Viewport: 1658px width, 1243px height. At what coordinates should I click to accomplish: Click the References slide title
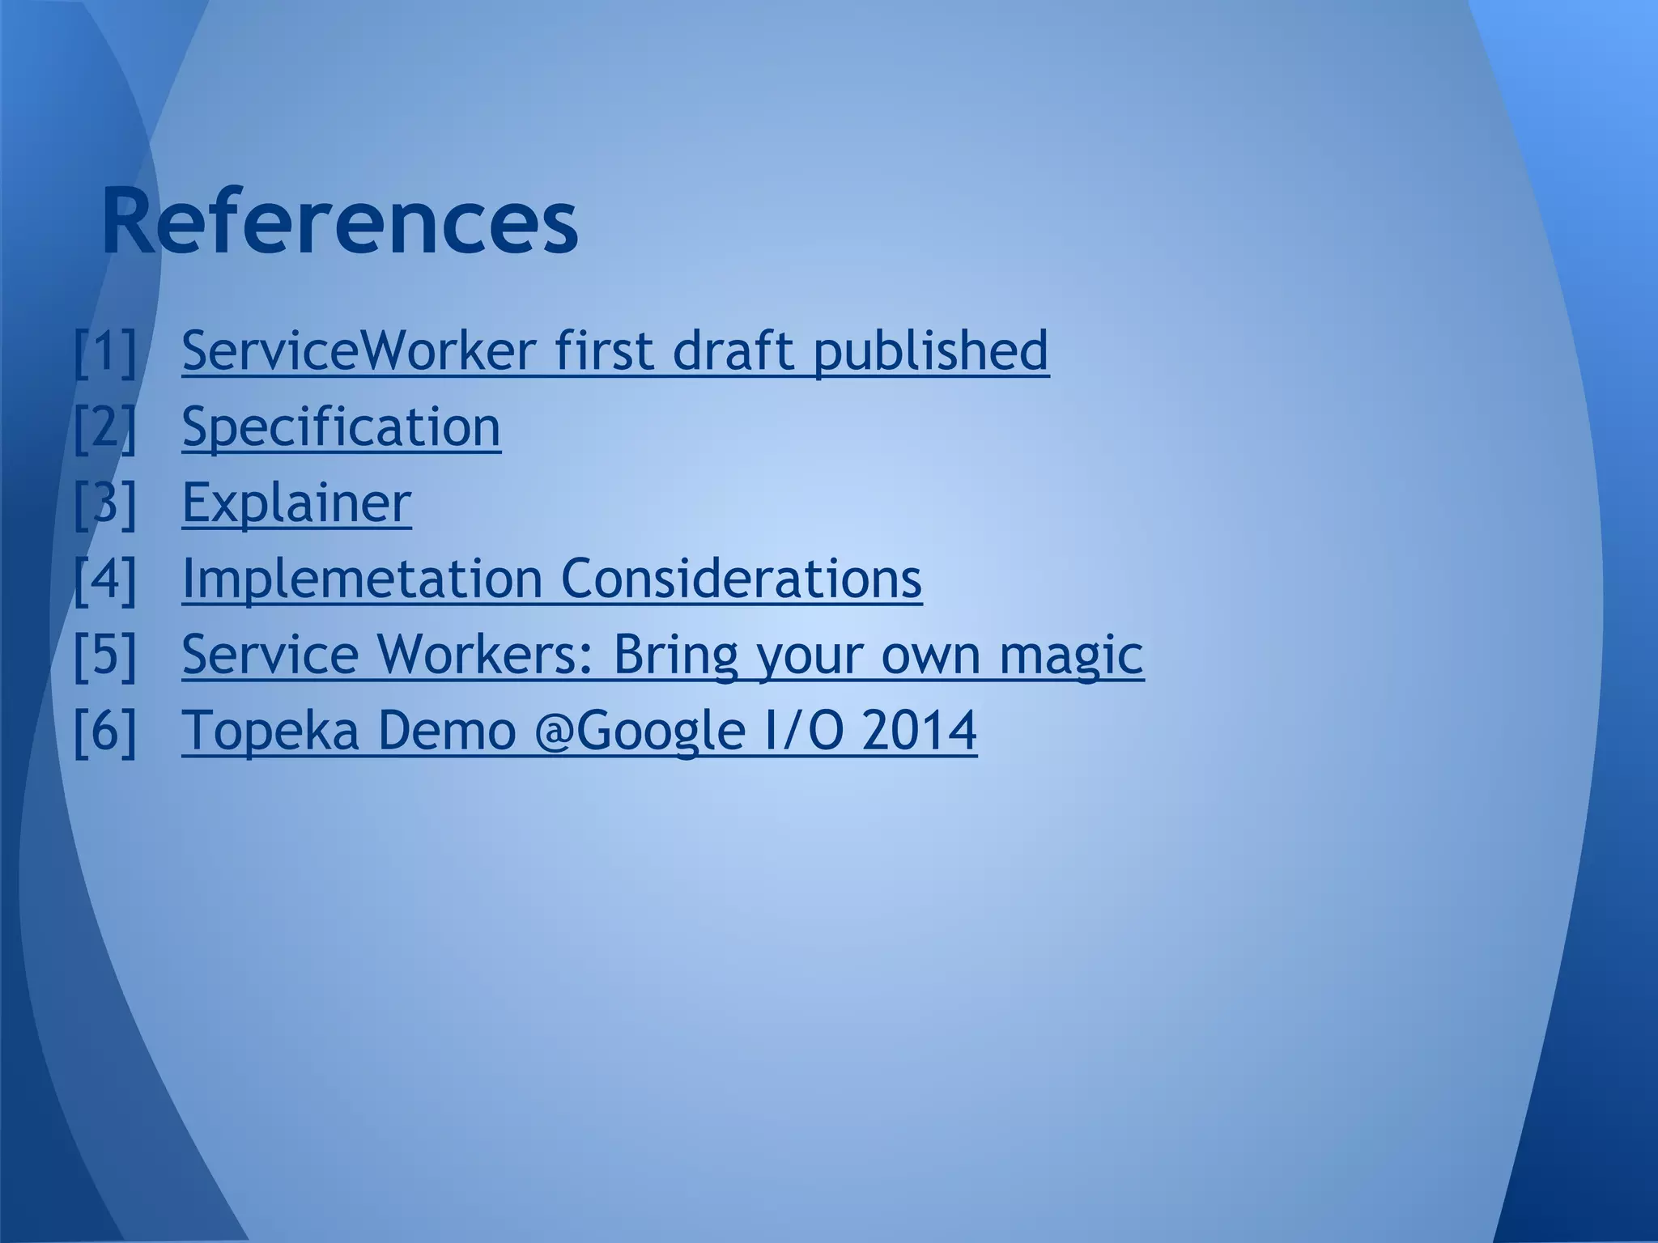[x=340, y=221]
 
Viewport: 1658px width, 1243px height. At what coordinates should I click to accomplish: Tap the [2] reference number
[x=105, y=426]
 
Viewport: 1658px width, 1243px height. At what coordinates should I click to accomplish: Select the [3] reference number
[x=105, y=503]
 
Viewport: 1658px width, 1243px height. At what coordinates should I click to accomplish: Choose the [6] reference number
[x=105, y=730]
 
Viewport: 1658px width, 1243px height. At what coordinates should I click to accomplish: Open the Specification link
[x=341, y=426]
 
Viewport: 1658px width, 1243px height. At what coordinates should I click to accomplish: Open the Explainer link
[x=296, y=503]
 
